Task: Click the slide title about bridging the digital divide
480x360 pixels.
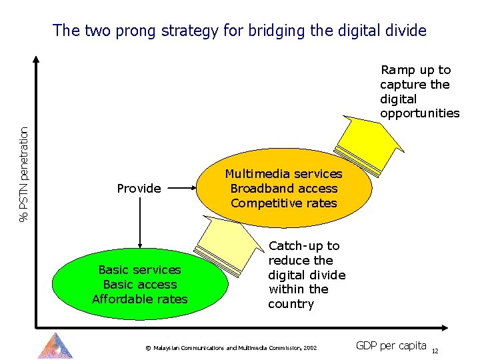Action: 239,30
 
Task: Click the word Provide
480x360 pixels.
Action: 139,189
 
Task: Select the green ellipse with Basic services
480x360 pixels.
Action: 140,285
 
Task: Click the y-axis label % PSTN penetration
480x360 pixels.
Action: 24,175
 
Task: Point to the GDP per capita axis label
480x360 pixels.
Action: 391,345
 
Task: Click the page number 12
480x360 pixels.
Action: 435,351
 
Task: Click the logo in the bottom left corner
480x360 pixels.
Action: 55,345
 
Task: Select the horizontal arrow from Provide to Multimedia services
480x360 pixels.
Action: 181,189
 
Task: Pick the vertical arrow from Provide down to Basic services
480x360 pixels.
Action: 139,223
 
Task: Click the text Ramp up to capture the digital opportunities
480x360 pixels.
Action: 419,91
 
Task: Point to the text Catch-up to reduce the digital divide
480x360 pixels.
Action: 306,275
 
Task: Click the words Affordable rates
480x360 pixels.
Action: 140,299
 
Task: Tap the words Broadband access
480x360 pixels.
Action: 284,189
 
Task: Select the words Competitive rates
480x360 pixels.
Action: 284,203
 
